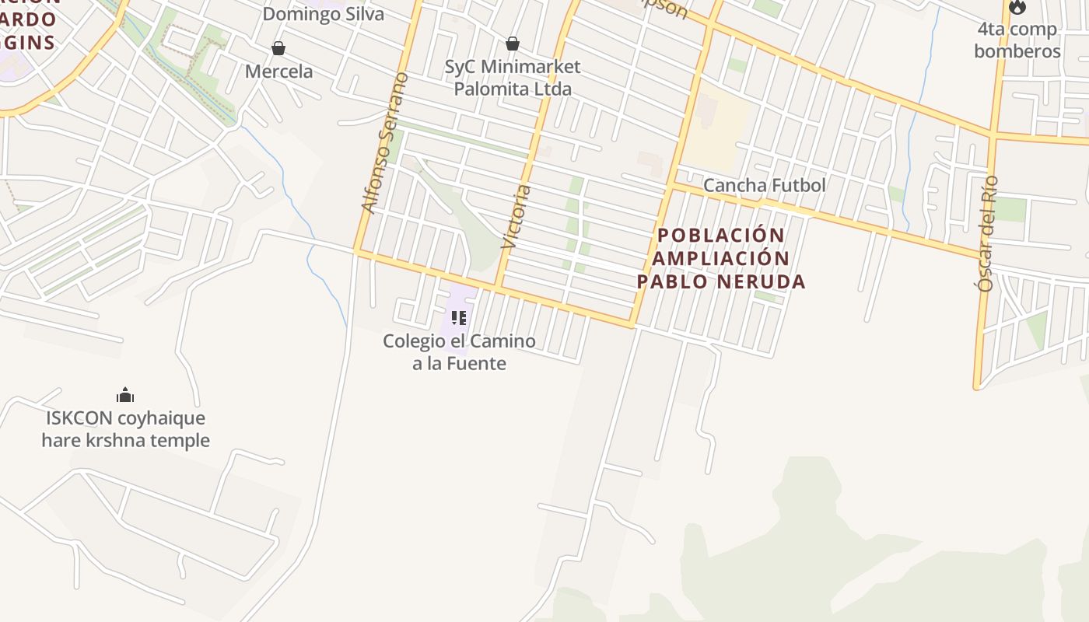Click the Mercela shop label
(278, 72)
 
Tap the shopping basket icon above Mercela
(278, 49)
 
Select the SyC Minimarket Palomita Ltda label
(513, 78)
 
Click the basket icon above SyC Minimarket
(513, 44)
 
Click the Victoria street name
(517, 216)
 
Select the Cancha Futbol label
(764, 186)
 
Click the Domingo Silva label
(323, 14)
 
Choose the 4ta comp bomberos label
(1017, 40)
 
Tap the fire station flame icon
(1017, 8)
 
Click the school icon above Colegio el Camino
(459, 318)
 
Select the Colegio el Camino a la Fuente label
(459, 352)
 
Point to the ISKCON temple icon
(125, 395)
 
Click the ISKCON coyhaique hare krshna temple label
(125, 429)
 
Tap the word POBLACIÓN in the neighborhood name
(721, 235)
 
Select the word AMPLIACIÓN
(721, 258)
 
